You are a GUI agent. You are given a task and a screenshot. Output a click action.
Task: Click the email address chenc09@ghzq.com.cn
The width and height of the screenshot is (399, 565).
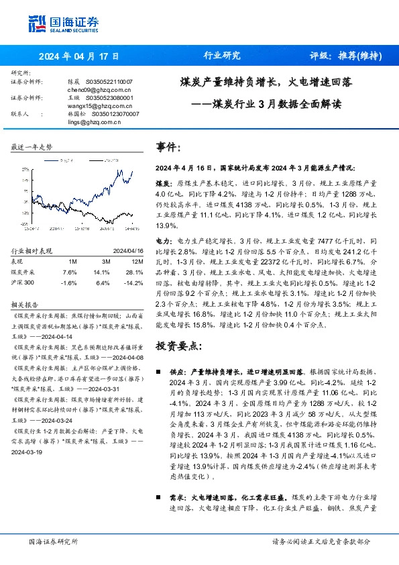pyautogui.click(x=90, y=89)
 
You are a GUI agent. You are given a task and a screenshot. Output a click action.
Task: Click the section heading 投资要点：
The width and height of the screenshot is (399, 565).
pyautogui.click(x=178, y=346)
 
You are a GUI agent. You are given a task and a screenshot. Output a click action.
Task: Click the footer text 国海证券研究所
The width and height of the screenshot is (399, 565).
pyautogui.click(x=54, y=541)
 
